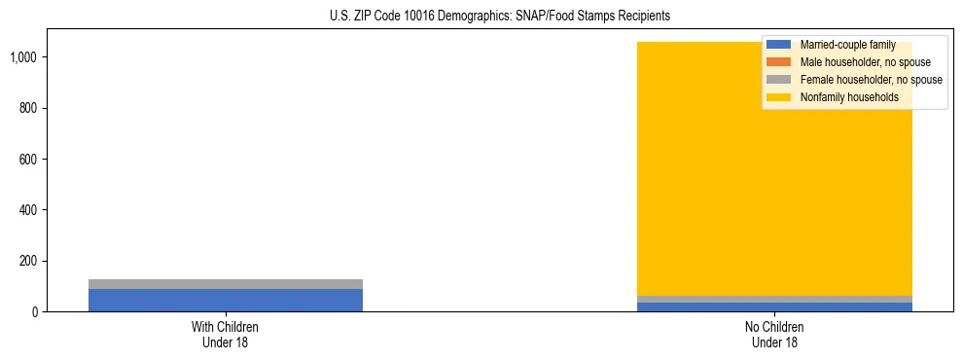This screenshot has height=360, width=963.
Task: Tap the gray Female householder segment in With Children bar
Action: tap(226, 284)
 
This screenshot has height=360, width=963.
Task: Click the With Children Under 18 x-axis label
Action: tap(226, 334)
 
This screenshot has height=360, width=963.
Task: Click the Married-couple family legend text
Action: tap(847, 45)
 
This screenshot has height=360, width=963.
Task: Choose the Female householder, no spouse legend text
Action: tap(871, 80)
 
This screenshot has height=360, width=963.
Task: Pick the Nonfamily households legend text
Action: tap(849, 97)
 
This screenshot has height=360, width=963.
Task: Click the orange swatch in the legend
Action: tap(778, 62)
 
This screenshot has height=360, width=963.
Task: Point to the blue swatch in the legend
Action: tap(778, 45)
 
